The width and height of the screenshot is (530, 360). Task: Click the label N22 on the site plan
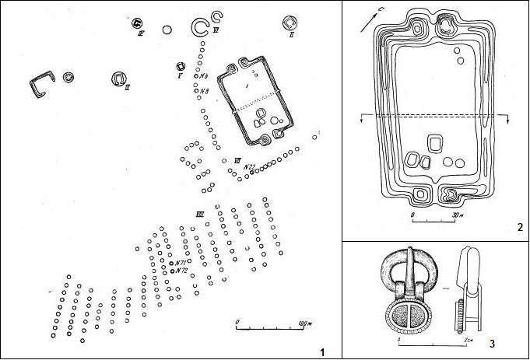(x=250, y=166)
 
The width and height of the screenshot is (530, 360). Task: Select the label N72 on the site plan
(x=181, y=271)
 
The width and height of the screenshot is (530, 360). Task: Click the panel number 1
(x=321, y=351)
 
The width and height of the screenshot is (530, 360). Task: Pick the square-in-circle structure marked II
(x=290, y=24)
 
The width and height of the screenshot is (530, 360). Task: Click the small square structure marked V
(x=181, y=67)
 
